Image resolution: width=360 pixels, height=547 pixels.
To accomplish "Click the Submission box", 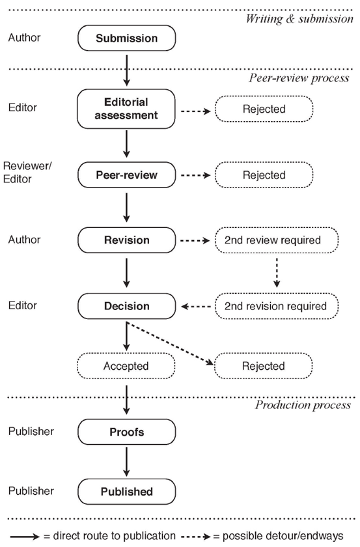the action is coord(127,38).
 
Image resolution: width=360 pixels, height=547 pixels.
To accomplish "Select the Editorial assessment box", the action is coord(126,109).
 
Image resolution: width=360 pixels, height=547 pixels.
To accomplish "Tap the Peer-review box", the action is coord(127,175).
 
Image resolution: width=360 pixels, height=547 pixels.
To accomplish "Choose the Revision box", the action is coord(127,240).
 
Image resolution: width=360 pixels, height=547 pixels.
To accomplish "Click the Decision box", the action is coord(127,306).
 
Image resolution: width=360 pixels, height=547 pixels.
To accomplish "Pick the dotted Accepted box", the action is coord(126,366).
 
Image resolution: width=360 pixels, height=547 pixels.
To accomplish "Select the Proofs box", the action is coord(127,432).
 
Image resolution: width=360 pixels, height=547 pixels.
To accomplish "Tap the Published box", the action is coord(127,492).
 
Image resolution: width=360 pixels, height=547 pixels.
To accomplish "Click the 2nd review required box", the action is coord(276,240).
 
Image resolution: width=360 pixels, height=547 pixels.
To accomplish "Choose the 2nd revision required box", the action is coord(276,306).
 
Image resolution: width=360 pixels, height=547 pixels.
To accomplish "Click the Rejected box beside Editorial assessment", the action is coord(264,109).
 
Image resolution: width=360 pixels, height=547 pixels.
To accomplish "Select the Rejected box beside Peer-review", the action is coord(264,175).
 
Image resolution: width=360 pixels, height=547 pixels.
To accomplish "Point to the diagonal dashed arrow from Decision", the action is coord(170,344).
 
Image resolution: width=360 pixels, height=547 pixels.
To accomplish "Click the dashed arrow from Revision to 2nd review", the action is coord(195,240).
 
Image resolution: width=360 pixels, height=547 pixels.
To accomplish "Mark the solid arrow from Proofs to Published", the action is coord(127,462).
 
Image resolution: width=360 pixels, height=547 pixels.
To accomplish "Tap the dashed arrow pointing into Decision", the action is coord(196,307).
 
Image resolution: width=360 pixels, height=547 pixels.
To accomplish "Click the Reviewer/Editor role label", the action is coord(27,173).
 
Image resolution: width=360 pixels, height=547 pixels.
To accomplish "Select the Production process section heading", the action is coord(303,404).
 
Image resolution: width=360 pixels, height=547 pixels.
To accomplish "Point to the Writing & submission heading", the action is coord(299,18).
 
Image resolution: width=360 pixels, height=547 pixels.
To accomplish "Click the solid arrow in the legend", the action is coord(25,536).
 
